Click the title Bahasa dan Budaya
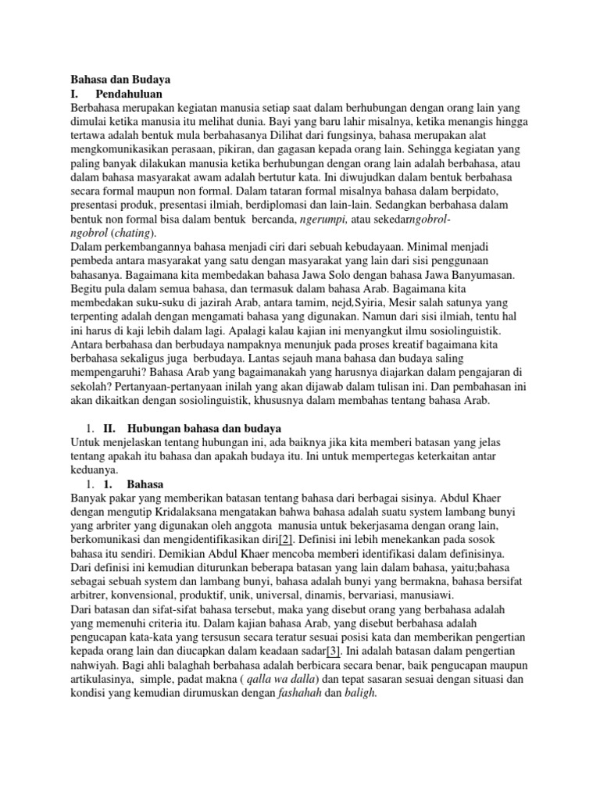click(x=120, y=79)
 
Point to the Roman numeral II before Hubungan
click(x=110, y=429)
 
